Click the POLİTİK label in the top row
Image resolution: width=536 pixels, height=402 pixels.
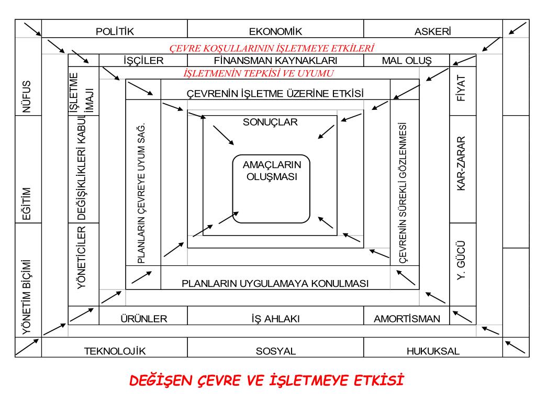click(x=115, y=31)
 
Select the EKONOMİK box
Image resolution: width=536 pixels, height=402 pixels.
click(x=275, y=31)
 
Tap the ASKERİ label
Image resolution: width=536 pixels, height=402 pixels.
click(x=432, y=31)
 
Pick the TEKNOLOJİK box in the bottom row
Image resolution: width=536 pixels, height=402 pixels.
click(x=115, y=351)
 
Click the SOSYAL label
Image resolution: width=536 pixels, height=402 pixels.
click(x=276, y=351)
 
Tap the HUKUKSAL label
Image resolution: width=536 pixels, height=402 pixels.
click(x=433, y=351)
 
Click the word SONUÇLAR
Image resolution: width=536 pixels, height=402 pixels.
click(x=270, y=122)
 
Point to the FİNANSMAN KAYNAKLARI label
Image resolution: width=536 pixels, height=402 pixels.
click(x=275, y=60)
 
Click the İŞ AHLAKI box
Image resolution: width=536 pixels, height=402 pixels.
click(x=275, y=318)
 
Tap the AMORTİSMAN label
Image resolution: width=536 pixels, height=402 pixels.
click(x=407, y=318)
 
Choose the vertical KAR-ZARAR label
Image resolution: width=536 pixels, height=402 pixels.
click(x=462, y=164)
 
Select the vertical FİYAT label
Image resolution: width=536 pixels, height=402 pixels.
click(x=462, y=91)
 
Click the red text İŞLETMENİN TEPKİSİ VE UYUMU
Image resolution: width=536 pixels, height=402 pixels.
click(x=259, y=73)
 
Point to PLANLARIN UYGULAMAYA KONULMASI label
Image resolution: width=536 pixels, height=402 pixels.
click(x=275, y=283)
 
